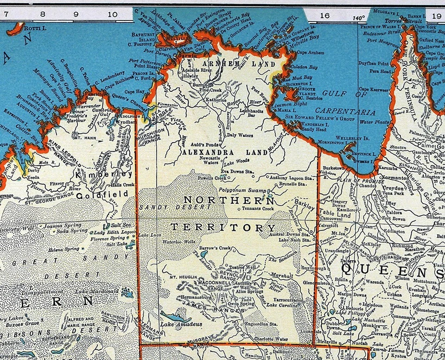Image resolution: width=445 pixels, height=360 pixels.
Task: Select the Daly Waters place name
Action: click(240, 135)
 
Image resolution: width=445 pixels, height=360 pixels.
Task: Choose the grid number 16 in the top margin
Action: click(324, 15)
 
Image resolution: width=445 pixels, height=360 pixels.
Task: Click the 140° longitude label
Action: click(358, 18)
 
